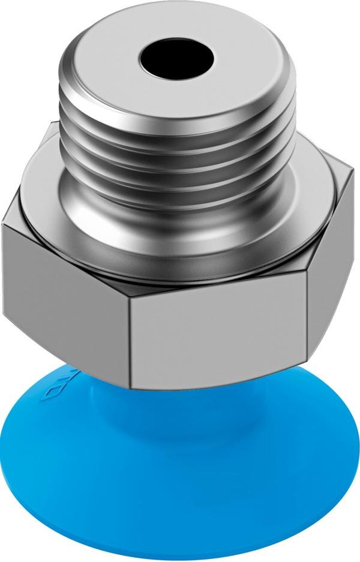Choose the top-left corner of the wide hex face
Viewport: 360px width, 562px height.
click(3, 226)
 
